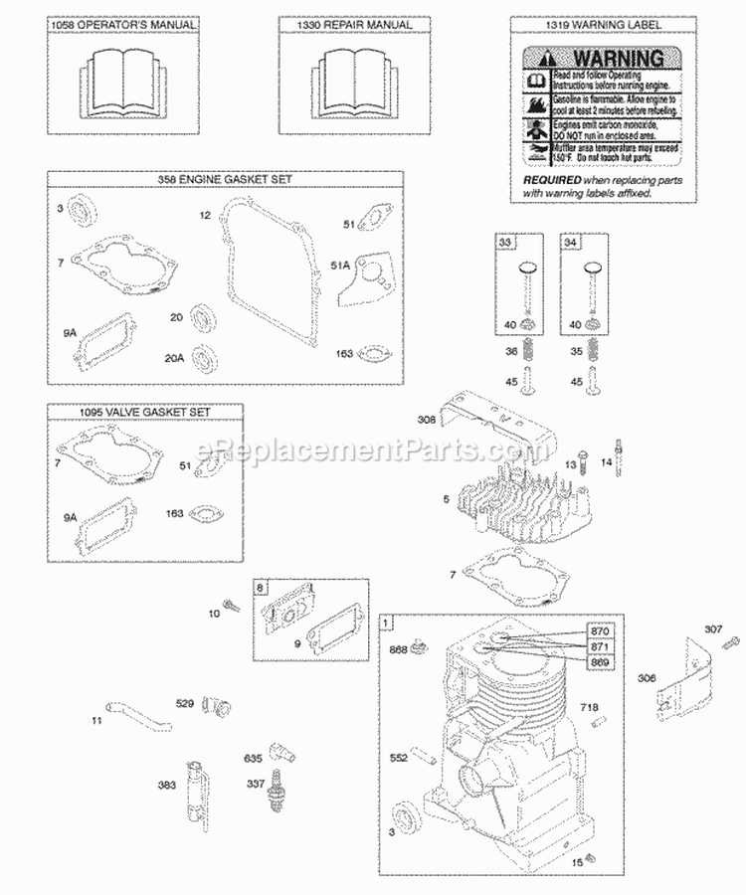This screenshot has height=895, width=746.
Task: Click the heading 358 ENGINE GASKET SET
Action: pos(226,178)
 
